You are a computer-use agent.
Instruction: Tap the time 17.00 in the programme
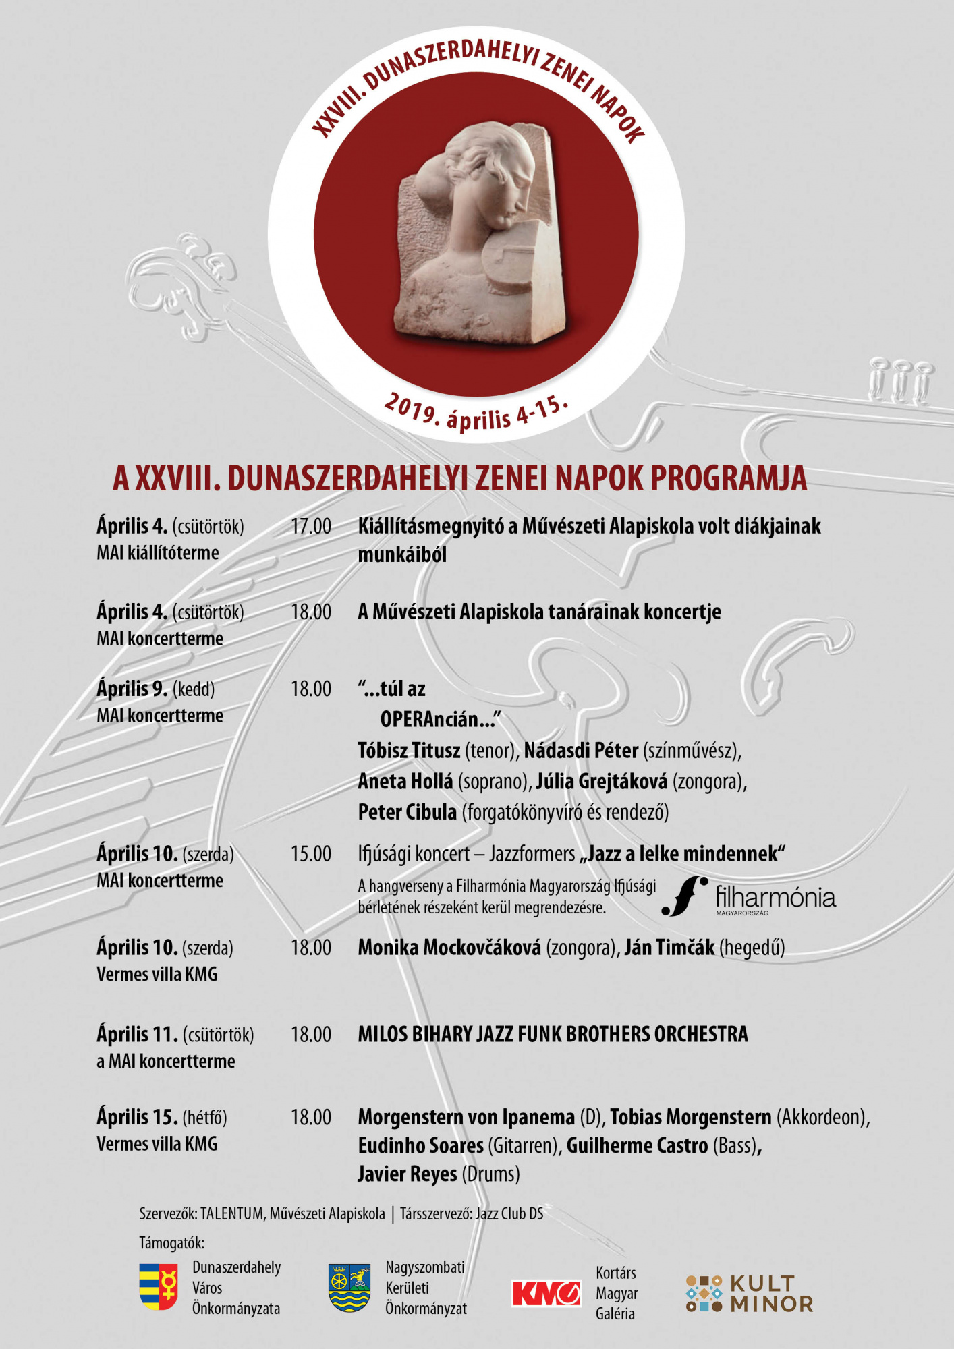311,527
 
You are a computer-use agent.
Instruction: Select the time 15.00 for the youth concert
311,854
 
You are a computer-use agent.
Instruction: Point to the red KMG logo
546,1293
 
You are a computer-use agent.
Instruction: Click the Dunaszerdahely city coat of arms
159,1287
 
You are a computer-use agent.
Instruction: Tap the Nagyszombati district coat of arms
349,1288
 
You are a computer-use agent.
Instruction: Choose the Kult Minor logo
749,1293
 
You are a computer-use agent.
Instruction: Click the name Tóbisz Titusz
409,751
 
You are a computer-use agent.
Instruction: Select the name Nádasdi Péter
581,751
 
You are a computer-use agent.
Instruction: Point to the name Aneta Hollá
405,782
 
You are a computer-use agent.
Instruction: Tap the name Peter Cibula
408,812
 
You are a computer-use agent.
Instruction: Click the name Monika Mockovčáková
449,948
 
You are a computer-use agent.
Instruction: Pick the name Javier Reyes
408,1174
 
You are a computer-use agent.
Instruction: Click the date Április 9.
132,689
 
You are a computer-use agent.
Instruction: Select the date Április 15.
137,1118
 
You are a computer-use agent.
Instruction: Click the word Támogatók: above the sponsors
171,1242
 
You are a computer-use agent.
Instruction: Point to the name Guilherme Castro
637,1146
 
